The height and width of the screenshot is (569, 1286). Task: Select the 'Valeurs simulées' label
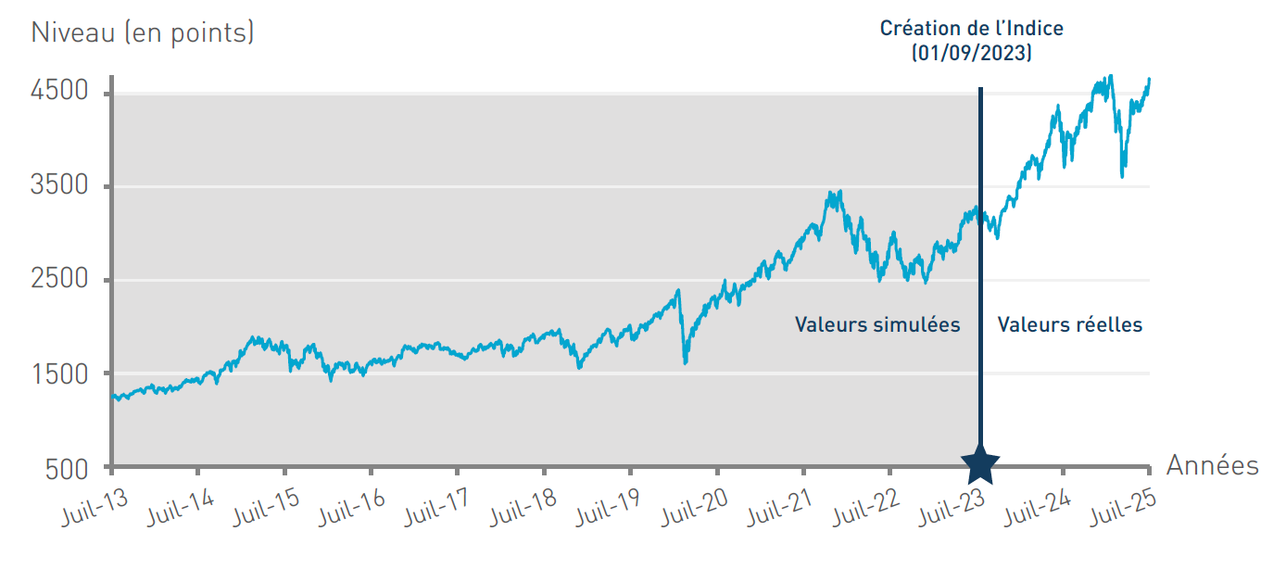pos(877,324)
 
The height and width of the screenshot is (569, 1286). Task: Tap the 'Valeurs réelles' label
pos(1069,324)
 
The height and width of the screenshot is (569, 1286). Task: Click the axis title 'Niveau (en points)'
pos(143,33)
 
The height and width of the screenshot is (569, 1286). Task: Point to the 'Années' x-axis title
pos(1212,465)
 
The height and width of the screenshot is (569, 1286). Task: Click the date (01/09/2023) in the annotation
pos(972,54)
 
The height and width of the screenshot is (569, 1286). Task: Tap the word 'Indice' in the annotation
pos(1033,28)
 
